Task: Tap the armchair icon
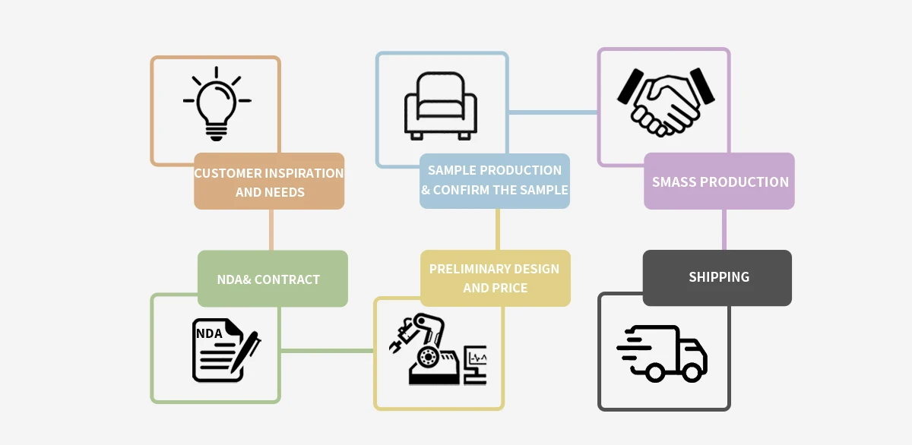pyautogui.click(x=441, y=106)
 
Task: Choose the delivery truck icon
pyautogui.click(x=662, y=353)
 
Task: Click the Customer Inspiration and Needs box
pyautogui.click(x=269, y=181)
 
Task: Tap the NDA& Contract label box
pyautogui.click(x=272, y=279)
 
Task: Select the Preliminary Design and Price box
pyautogui.click(x=495, y=279)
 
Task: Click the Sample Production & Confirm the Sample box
pyautogui.click(x=495, y=181)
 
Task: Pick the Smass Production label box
pyautogui.click(x=719, y=181)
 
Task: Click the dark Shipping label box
pyautogui.click(x=717, y=278)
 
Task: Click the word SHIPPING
pyautogui.click(x=719, y=277)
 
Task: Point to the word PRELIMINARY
pyautogui.click(x=461, y=269)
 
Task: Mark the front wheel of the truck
pyautogui.click(x=692, y=372)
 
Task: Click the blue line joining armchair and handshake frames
pyautogui.click(x=553, y=112)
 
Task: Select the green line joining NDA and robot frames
pyautogui.click(x=327, y=350)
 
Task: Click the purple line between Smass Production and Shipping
pyautogui.click(x=724, y=229)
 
